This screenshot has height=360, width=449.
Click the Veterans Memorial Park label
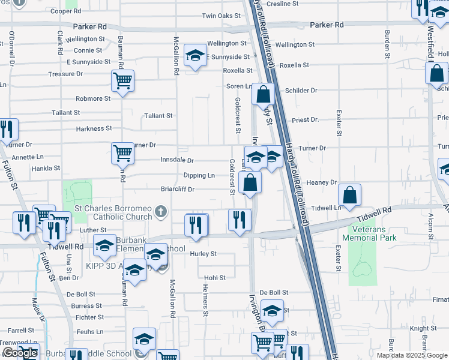(x=369, y=233)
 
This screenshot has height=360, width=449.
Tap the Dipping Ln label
(x=199, y=175)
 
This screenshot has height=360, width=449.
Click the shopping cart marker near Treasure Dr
(x=122, y=80)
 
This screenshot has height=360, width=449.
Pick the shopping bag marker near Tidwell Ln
(x=349, y=195)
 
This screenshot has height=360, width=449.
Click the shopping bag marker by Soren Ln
(x=263, y=94)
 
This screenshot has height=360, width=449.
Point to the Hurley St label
(x=203, y=254)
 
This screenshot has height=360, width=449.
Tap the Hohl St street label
(x=214, y=278)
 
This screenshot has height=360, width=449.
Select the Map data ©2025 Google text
(x=412, y=355)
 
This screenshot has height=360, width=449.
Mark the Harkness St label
(x=94, y=128)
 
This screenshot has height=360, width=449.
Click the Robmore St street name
(x=93, y=98)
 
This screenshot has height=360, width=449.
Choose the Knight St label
(x=423, y=329)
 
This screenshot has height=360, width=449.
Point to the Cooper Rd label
(x=65, y=11)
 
